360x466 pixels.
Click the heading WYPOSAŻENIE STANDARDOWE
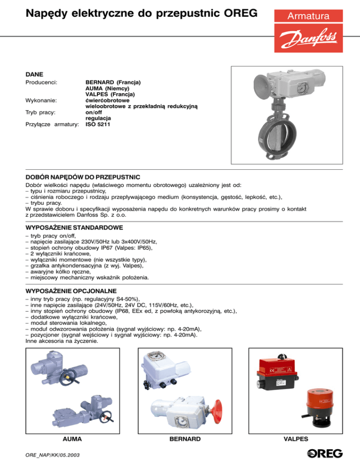(74, 227)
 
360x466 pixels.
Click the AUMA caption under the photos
(72, 439)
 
